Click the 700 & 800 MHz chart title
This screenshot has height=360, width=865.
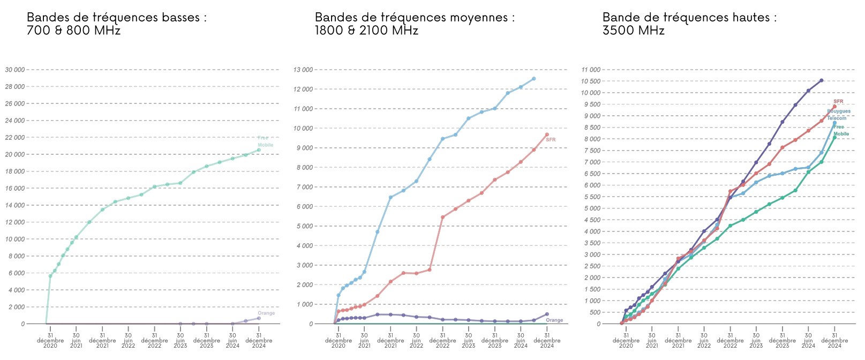click(x=116, y=24)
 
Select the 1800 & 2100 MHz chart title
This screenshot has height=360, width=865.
click(x=414, y=24)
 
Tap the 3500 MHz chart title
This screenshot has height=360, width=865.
click(x=689, y=24)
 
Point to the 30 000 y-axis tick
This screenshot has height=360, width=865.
click(x=15, y=70)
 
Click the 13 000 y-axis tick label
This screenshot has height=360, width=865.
click(x=303, y=70)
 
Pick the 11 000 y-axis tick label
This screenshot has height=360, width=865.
click(x=591, y=70)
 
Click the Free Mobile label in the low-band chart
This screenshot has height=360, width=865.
click(x=265, y=141)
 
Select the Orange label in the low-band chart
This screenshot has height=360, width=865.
click(x=266, y=313)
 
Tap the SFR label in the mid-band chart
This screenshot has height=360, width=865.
click(x=551, y=140)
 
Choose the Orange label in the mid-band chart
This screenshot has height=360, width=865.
click(x=554, y=320)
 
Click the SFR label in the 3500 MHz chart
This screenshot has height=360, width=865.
click(x=838, y=101)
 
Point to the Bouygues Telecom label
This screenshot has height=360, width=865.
click(x=838, y=115)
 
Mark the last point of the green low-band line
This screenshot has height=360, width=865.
click(x=259, y=150)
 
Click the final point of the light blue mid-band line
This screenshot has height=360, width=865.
click(x=533, y=79)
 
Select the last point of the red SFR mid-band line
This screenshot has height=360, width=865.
click(x=547, y=134)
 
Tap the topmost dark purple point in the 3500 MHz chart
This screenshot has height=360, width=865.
click(x=822, y=80)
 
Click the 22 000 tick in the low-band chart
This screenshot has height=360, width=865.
click(x=15, y=138)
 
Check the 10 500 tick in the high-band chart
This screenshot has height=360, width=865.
click(x=591, y=81)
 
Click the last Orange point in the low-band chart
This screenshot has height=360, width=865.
click(x=259, y=318)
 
